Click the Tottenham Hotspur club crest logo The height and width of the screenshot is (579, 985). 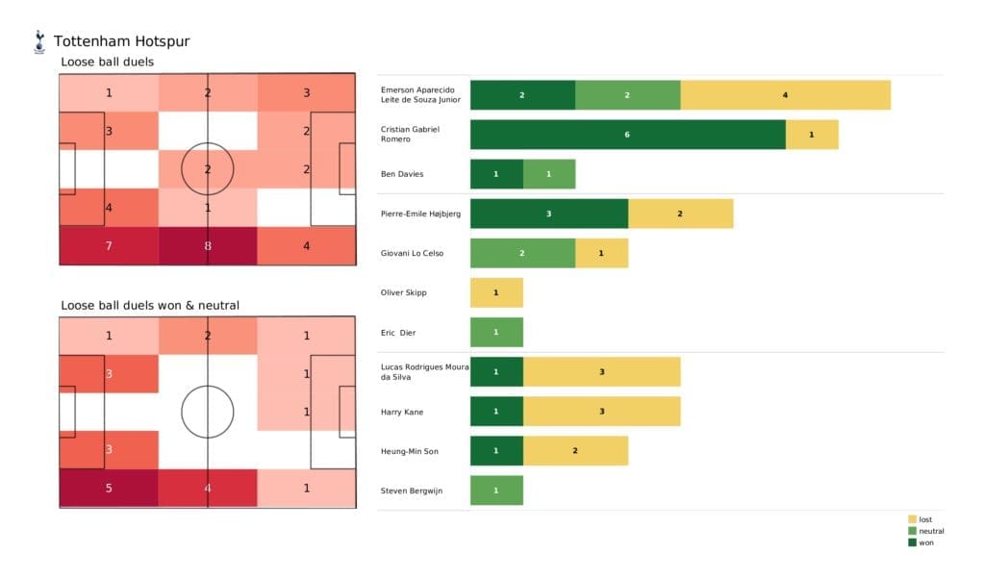coord(39,41)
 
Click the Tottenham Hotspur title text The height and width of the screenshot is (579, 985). coord(121,41)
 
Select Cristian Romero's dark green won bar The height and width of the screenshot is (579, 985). coord(627,135)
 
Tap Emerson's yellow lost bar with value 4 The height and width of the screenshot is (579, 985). coord(785,95)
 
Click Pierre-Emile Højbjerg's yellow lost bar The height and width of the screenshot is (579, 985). coord(680,214)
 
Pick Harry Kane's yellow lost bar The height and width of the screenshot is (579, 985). coord(601,412)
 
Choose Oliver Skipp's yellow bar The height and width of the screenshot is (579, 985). coord(496,292)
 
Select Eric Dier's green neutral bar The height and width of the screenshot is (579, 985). coord(496,332)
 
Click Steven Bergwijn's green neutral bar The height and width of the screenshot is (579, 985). coord(496,491)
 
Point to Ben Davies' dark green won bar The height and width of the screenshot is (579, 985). coord(496,174)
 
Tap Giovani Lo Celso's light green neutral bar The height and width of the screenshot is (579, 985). coord(522,253)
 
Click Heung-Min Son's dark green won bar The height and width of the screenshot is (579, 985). coord(496,451)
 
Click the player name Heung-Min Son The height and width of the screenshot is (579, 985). coord(408,451)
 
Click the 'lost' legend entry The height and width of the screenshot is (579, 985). coord(925,519)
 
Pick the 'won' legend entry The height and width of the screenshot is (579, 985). coord(925,542)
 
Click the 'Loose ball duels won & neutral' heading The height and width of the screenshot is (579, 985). coord(149,306)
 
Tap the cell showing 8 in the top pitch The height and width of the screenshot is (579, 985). coord(208,245)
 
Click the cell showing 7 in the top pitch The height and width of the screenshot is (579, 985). coord(109,245)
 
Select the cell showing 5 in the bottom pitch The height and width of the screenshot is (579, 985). coord(109,488)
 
